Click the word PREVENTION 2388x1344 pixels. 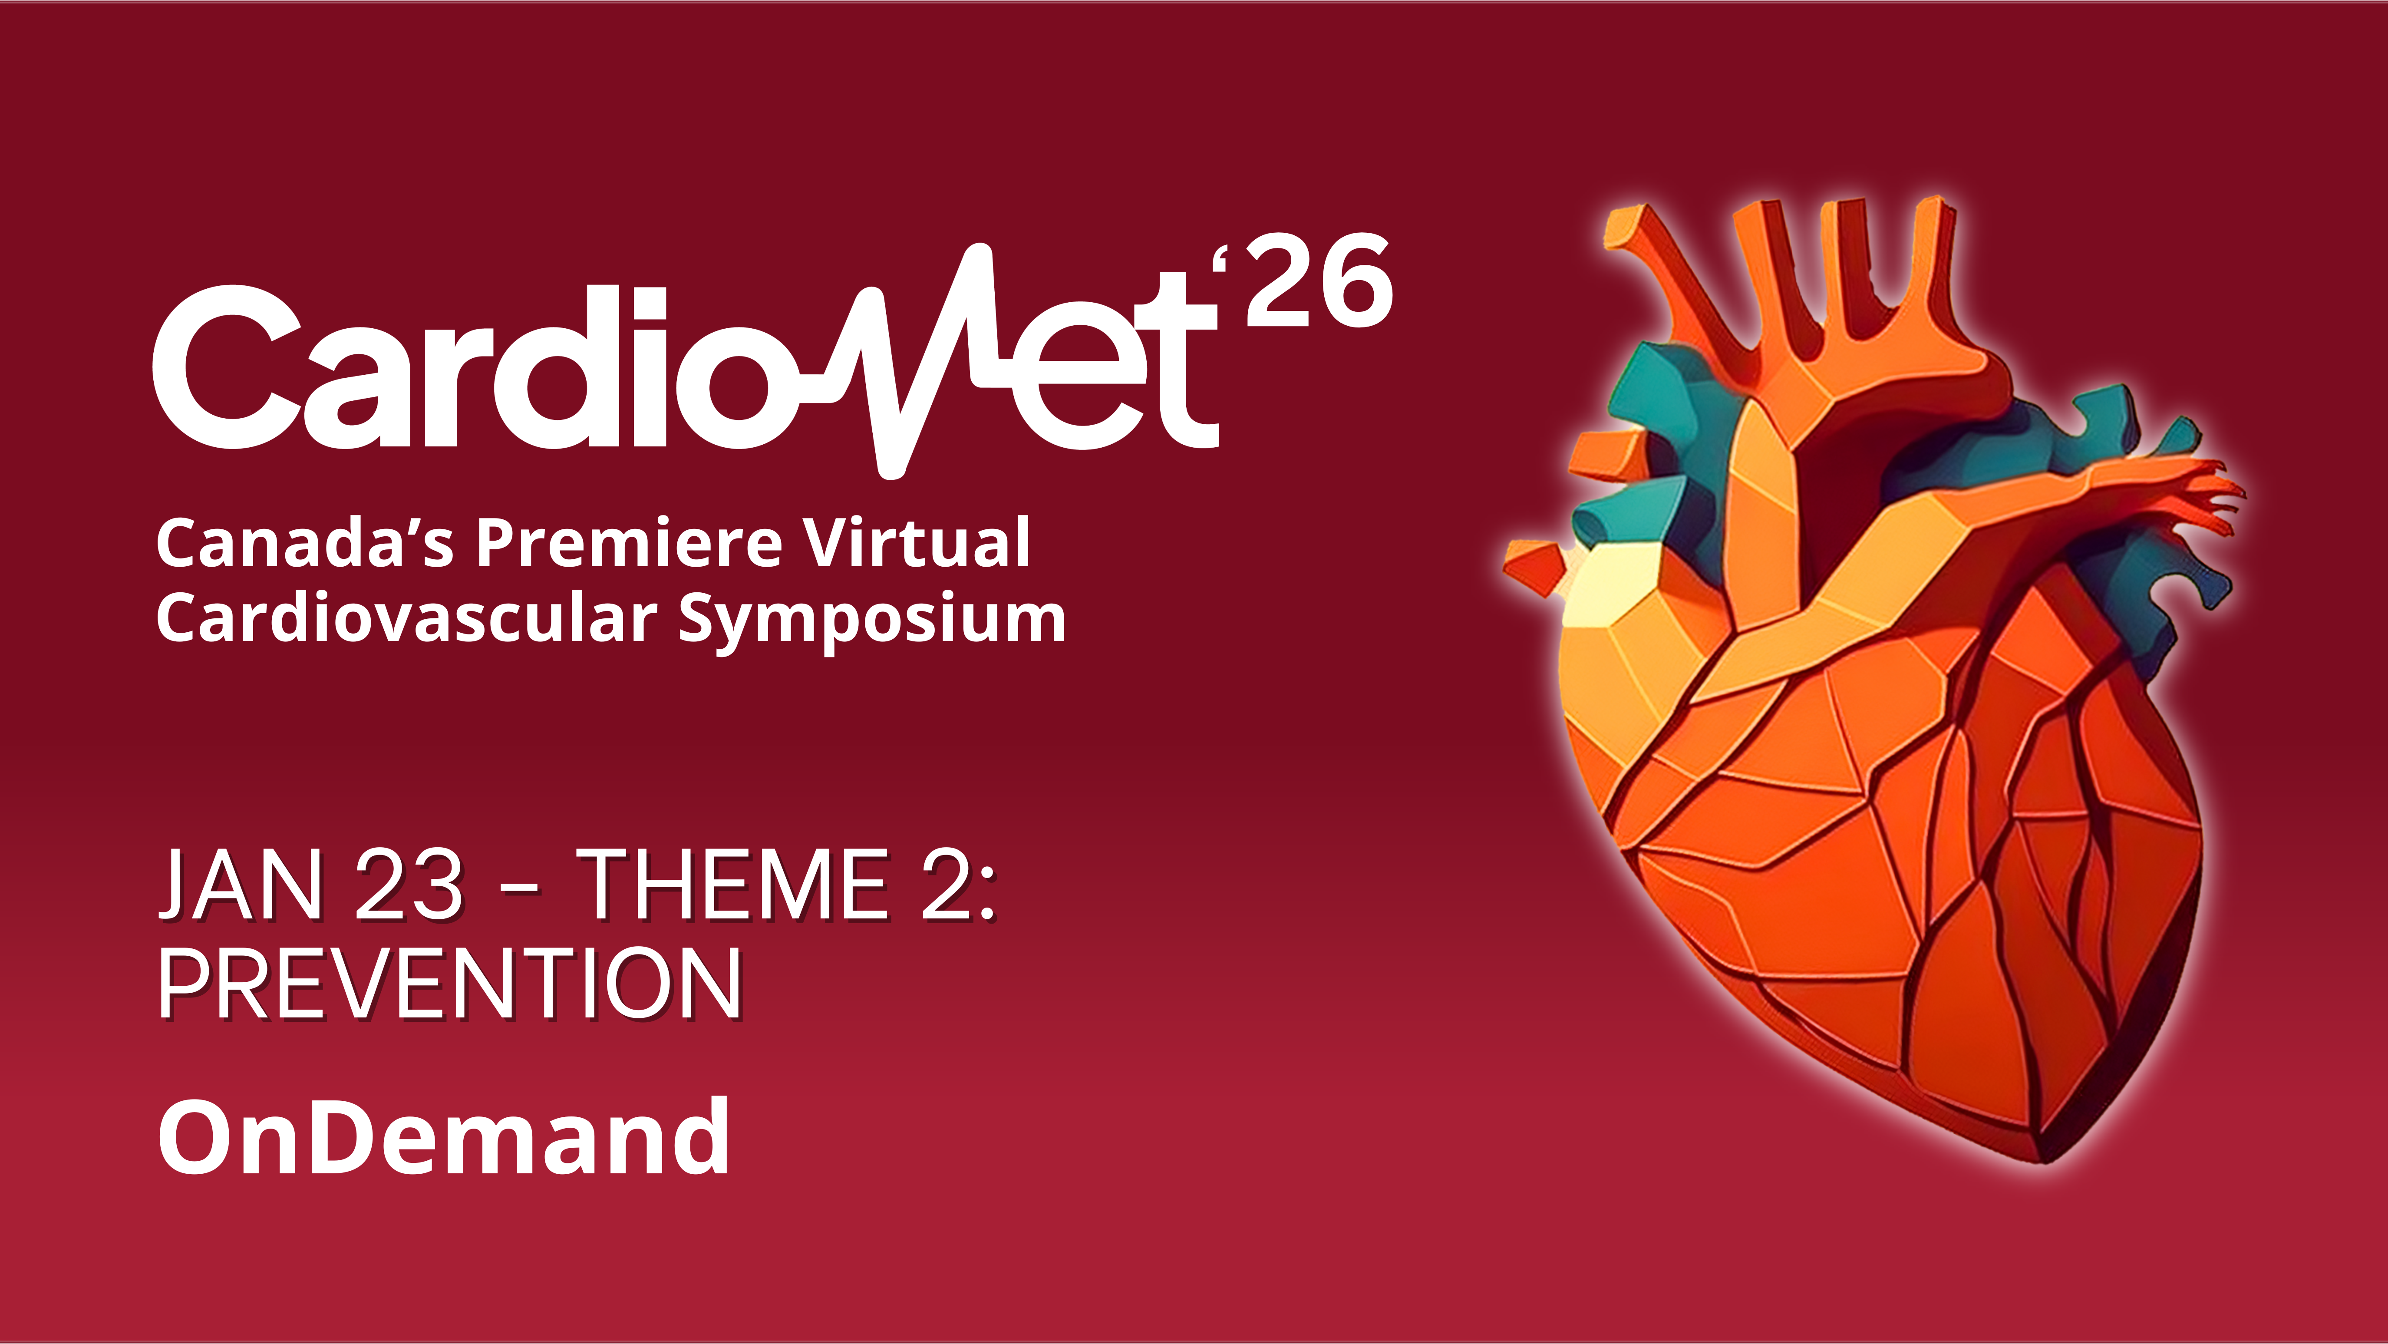(451, 984)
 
